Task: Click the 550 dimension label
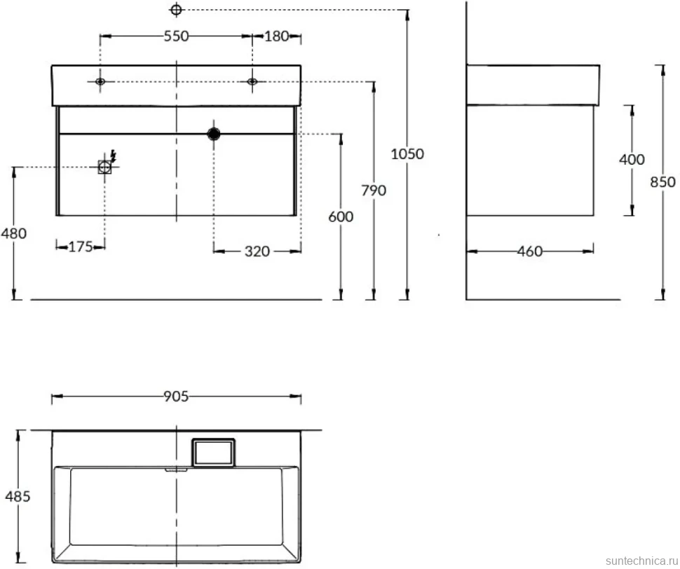(x=176, y=36)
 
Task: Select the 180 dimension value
(x=276, y=36)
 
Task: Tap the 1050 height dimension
(x=407, y=154)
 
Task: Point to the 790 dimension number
(x=374, y=190)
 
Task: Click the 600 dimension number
(x=341, y=217)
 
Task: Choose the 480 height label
(x=13, y=233)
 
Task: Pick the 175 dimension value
(x=81, y=247)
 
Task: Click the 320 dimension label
(x=257, y=252)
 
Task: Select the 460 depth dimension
(x=529, y=252)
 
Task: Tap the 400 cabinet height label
(x=632, y=160)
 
